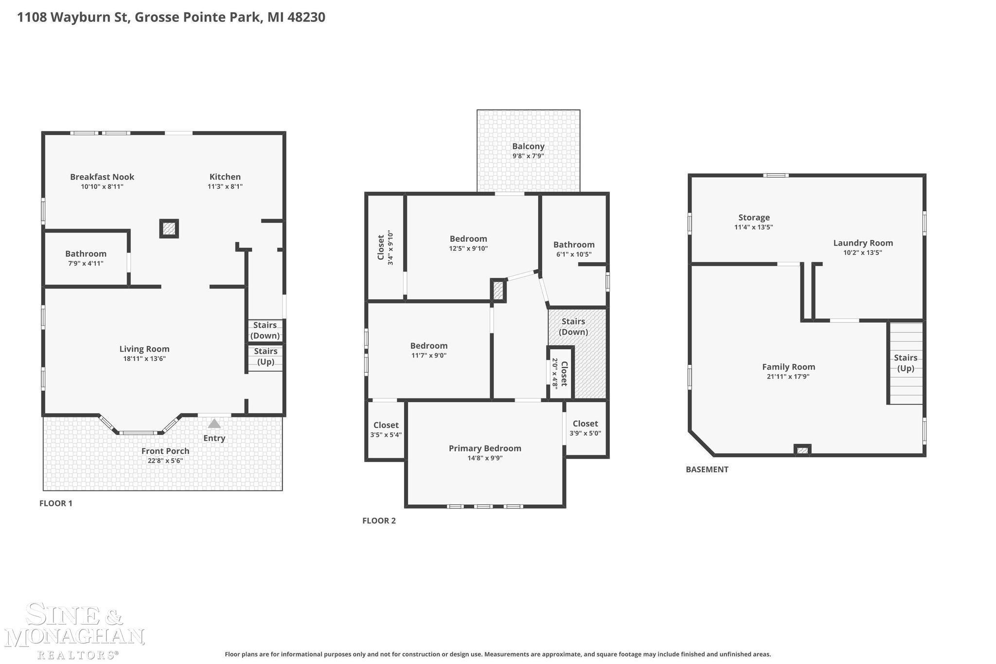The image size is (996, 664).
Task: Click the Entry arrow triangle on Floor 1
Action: pyautogui.click(x=214, y=423)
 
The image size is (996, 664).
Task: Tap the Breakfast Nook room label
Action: pyautogui.click(x=102, y=177)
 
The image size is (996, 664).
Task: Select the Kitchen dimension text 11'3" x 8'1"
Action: pyautogui.click(x=225, y=186)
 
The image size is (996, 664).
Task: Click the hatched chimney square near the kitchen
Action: pyautogui.click(x=169, y=229)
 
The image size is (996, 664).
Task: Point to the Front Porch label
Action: pyautogui.click(x=165, y=451)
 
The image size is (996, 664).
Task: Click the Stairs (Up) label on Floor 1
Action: pyautogui.click(x=266, y=357)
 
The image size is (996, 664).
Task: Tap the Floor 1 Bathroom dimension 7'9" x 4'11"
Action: pyautogui.click(x=86, y=264)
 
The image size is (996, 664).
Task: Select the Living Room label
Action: pyautogui.click(x=144, y=349)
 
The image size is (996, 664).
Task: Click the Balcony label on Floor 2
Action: pyautogui.click(x=528, y=146)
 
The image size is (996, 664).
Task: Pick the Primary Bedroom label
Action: pyautogui.click(x=485, y=449)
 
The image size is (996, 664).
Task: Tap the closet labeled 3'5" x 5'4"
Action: pyautogui.click(x=386, y=430)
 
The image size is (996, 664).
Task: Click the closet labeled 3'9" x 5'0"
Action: pyautogui.click(x=586, y=428)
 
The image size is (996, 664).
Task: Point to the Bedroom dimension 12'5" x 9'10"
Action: pyautogui.click(x=468, y=249)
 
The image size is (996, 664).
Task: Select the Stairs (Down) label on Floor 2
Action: pyautogui.click(x=573, y=327)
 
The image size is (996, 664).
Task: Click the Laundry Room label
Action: pyautogui.click(x=863, y=243)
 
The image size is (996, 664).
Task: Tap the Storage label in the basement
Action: pyautogui.click(x=754, y=218)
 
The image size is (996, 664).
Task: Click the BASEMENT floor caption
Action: pyautogui.click(x=707, y=469)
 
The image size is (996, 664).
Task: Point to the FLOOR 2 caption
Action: pyautogui.click(x=379, y=521)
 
